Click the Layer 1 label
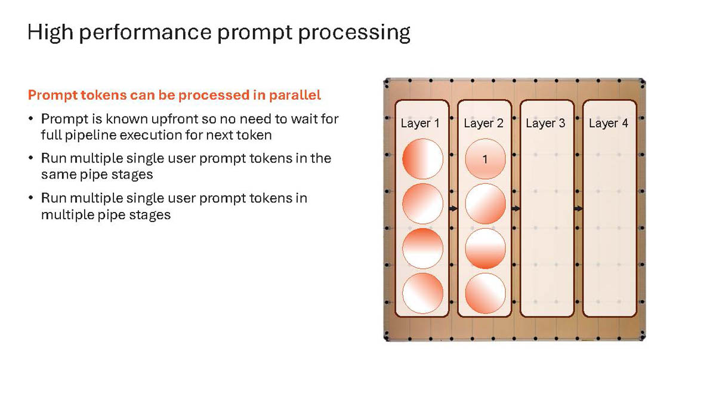[x=420, y=124]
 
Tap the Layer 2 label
[x=484, y=124]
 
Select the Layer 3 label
[x=545, y=124]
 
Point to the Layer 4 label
[x=609, y=124]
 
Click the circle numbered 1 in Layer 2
[x=485, y=159]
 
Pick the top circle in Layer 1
[x=422, y=159]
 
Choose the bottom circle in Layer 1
[x=422, y=293]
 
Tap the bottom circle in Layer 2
[x=485, y=293]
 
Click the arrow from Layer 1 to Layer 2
[x=453, y=208]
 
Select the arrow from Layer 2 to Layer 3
[x=516, y=208]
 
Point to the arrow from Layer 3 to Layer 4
[x=579, y=208]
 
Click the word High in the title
[x=50, y=33]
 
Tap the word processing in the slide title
[x=354, y=33]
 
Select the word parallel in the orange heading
[x=295, y=95]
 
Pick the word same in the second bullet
[x=59, y=174]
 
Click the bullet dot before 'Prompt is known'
[x=30, y=119]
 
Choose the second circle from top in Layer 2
[x=485, y=204]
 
